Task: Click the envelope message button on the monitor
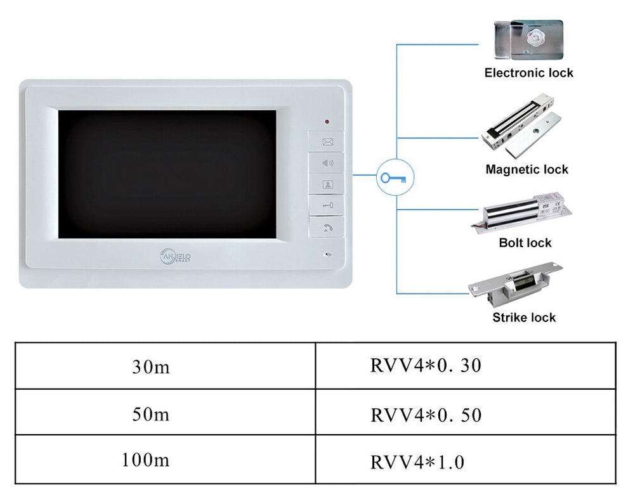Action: (x=327, y=142)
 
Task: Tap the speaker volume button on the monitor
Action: (x=327, y=163)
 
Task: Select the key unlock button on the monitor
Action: (x=327, y=205)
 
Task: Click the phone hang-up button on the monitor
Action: (x=327, y=227)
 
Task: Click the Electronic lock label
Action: (x=528, y=73)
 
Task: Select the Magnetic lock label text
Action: (x=527, y=169)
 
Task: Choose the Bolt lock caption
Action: (x=525, y=243)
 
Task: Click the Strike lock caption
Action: (x=524, y=318)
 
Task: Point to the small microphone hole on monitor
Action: (x=328, y=255)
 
